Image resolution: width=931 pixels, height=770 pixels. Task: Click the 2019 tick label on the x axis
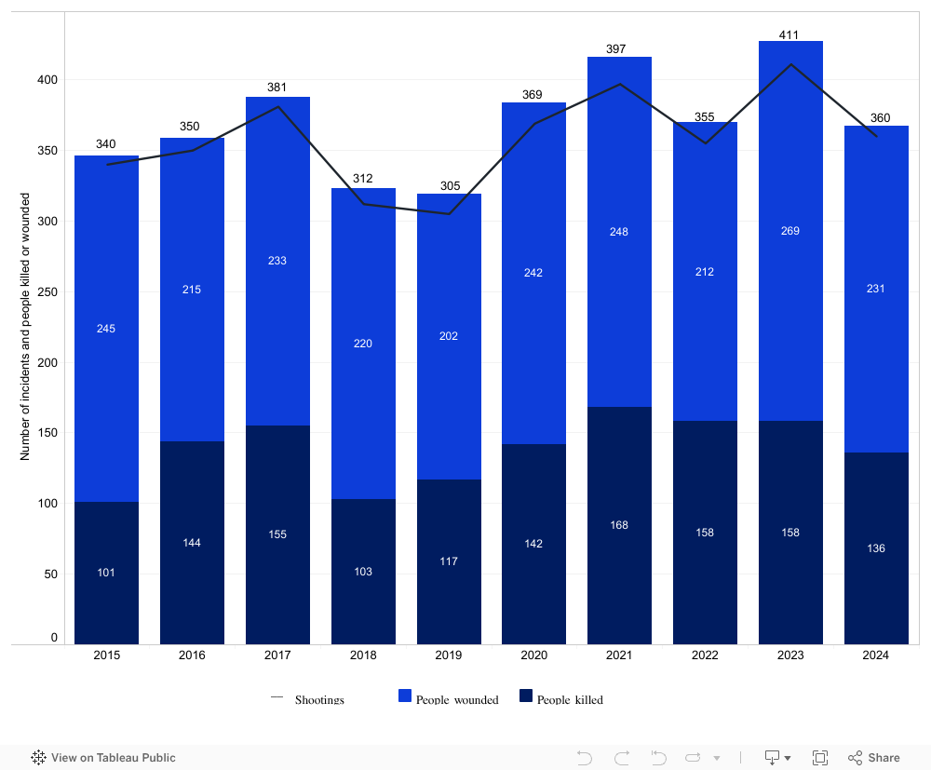(449, 655)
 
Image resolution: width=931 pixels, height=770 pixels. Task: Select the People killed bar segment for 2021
(619, 559)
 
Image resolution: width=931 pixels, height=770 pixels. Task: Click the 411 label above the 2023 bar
(790, 35)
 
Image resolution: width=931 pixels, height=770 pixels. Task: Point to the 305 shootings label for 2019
(450, 186)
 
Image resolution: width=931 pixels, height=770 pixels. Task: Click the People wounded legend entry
(449, 699)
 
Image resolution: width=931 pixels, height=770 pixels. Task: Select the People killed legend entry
(561, 699)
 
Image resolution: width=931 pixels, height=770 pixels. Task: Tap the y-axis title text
(25, 326)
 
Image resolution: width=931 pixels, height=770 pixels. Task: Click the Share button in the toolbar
(874, 758)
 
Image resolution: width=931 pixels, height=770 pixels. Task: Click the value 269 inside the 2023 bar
(790, 231)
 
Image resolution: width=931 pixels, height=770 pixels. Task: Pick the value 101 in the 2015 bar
(106, 573)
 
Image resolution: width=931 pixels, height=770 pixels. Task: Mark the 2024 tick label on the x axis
(876, 655)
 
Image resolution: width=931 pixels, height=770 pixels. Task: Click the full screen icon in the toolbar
(820, 758)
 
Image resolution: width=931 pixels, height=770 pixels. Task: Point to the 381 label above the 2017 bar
(277, 88)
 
